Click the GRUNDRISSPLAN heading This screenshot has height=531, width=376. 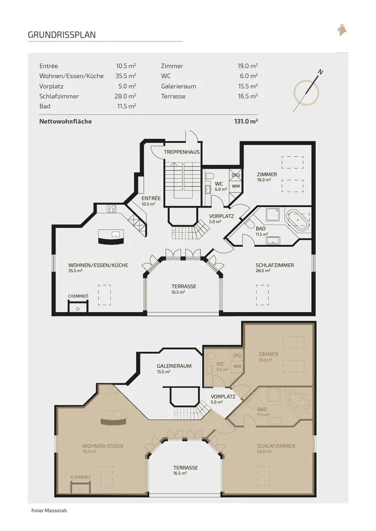click(61, 35)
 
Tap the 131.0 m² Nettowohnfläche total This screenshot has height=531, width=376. click(246, 121)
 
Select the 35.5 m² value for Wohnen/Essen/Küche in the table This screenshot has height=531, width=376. click(126, 76)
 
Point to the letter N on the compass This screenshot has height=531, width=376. click(321, 72)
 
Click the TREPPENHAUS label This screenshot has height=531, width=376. click(182, 152)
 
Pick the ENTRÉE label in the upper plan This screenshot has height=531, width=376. click(151, 198)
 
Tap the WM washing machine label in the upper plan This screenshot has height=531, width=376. click(236, 186)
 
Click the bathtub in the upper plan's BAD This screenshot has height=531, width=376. click(298, 220)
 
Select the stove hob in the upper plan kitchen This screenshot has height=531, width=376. click(111, 209)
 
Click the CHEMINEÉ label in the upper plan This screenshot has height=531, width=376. click(78, 296)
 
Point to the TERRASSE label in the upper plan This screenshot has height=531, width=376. click(184, 287)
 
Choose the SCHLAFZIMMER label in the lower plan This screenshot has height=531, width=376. click(276, 446)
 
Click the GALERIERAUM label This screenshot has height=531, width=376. click(174, 366)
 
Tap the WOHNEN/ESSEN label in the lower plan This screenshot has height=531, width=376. click(103, 446)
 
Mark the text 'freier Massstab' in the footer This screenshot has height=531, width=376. click(49, 511)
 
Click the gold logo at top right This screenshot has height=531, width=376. click(342, 30)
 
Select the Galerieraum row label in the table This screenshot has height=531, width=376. click(179, 86)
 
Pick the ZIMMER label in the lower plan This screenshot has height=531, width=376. click(268, 354)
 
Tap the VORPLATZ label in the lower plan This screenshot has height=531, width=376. click(223, 397)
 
